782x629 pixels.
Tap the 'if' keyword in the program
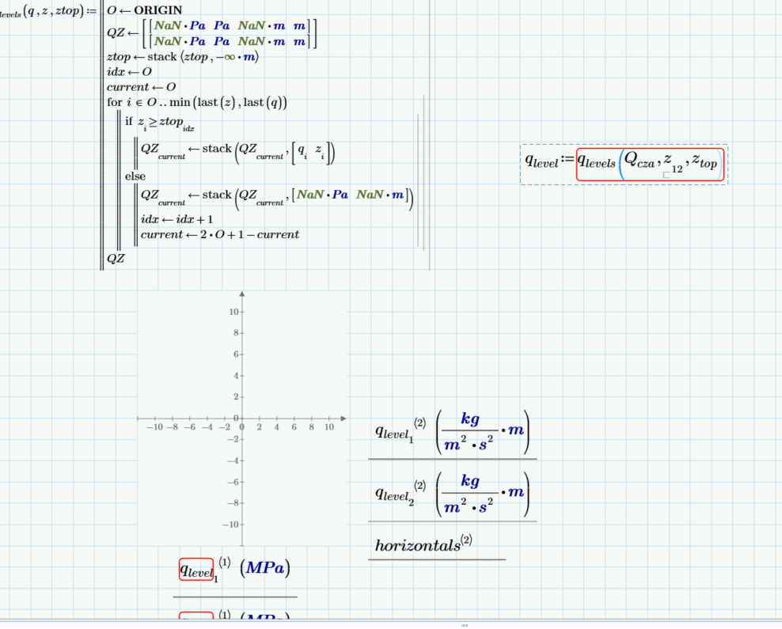click(129, 121)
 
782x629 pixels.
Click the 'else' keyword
click(135, 176)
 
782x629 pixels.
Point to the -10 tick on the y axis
click(230, 524)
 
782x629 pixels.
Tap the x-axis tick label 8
click(312, 427)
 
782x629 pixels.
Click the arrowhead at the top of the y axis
click(241, 295)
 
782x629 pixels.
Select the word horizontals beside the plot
click(417, 545)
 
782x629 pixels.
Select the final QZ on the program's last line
click(116, 258)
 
